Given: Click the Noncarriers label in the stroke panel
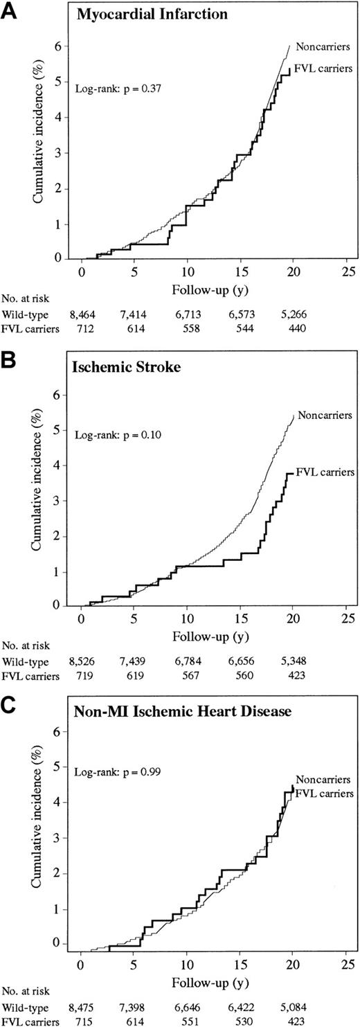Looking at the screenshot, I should pos(325,416).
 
